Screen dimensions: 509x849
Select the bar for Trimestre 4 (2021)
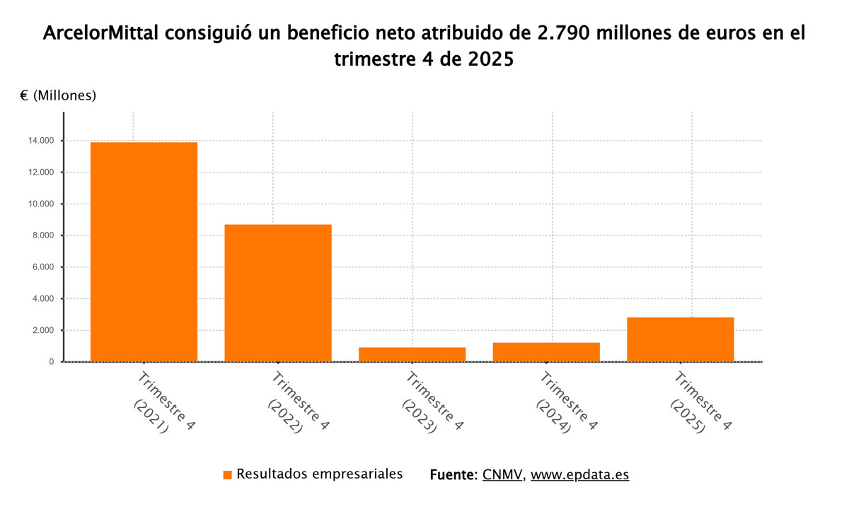pos(144,252)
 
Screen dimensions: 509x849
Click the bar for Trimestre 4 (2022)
pos(278,293)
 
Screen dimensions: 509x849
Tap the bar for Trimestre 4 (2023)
pos(412,354)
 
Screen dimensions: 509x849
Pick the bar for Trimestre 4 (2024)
pos(546,352)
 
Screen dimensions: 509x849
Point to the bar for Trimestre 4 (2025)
pos(680,339)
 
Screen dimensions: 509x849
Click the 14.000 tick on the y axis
pos(41,141)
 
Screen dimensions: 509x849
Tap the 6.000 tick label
pos(43,267)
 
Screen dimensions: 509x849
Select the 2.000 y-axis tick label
pos(43,330)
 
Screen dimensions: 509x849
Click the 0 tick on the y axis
pos(52,362)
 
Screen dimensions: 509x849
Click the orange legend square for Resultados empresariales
pos(227,475)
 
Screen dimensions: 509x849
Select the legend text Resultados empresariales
pos(320,474)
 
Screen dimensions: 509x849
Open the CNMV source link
pos(503,474)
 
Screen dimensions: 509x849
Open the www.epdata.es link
pos(579,474)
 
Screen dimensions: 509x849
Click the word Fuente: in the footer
pos(454,474)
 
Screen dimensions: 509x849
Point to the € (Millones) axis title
pos(58,95)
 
